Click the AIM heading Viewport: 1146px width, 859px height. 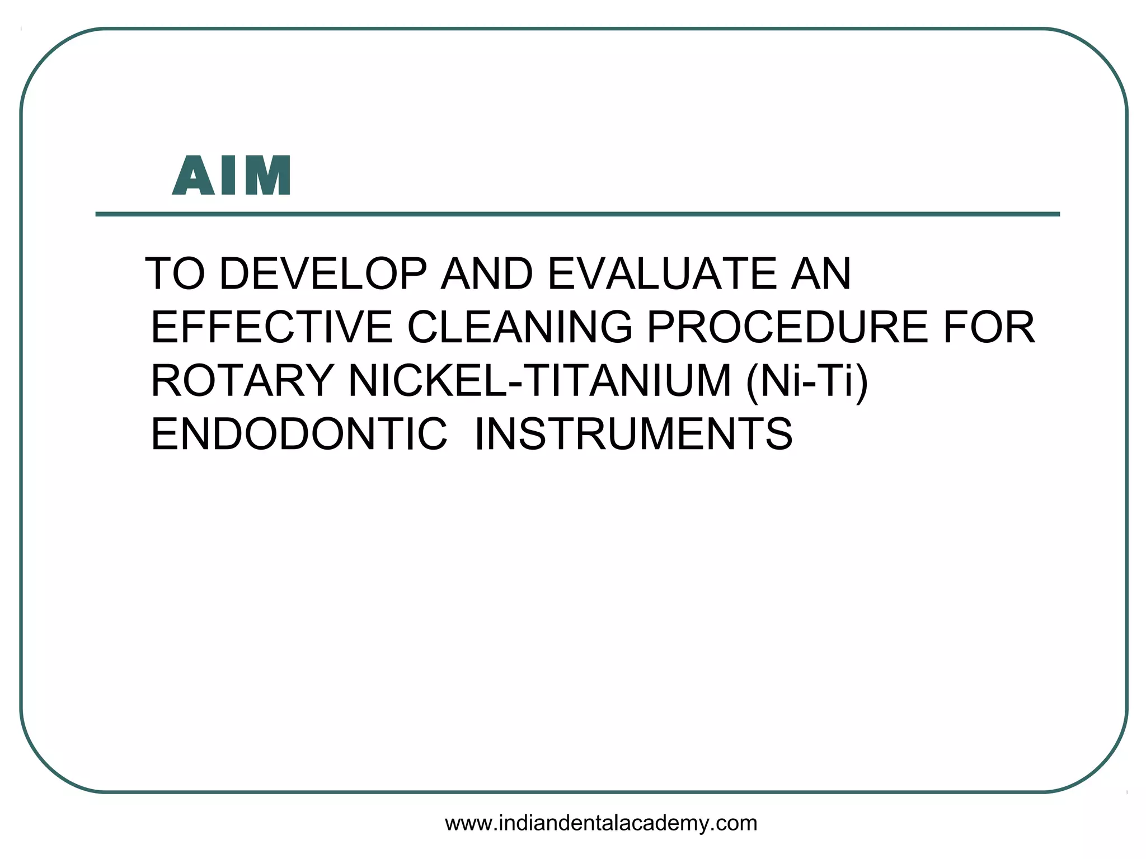pos(232,176)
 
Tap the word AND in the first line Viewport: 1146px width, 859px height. pos(487,273)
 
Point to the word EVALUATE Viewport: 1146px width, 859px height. pos(661,273)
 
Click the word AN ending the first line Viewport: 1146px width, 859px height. pos(820,273)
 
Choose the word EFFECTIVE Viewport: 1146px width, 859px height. pos(272,327)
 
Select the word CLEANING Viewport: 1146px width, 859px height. pos(520,327)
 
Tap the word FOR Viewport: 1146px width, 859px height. pos(989,327)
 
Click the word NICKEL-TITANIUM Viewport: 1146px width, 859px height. pos(540,381)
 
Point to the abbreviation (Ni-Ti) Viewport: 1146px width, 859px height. pos(807,381)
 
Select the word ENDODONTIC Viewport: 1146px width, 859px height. pos(299,434)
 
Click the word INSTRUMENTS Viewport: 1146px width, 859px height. pos(633,434)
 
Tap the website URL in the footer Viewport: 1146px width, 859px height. pos(601,823)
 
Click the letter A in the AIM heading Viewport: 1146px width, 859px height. pos(193,176)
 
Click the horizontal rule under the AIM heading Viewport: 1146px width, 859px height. pos(577,214)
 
